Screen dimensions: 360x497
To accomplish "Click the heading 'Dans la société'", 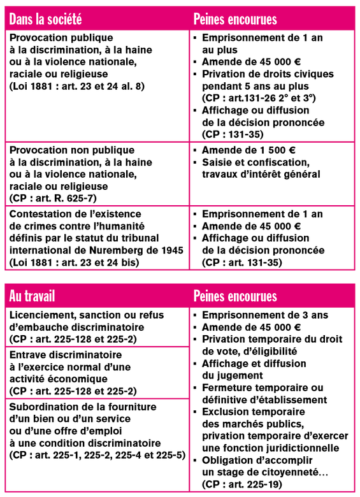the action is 46,19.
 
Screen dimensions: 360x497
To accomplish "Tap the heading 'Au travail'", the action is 33,296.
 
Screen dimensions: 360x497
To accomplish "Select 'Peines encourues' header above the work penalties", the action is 235,296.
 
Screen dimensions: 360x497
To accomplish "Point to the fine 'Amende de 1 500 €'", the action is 248,150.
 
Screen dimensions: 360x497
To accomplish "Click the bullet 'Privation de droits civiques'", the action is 268,74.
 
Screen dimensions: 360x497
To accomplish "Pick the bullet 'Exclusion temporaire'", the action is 252,412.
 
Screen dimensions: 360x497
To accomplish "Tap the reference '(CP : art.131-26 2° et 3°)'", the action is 257,98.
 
